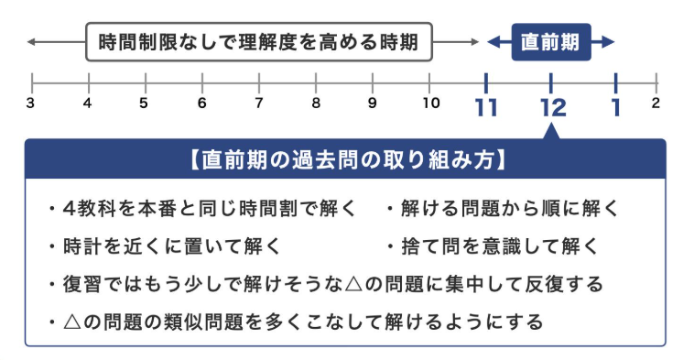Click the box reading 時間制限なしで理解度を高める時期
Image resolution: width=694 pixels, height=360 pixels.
tap(258, 42)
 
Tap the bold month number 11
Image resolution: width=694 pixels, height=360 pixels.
tap(486, 108)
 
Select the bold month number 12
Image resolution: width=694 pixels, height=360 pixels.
tap(552, 108)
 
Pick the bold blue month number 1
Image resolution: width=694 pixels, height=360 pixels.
tap(616, 108)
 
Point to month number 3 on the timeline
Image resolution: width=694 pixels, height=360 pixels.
tap(30, 103)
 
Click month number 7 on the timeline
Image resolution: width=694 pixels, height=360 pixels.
tap(259, 103)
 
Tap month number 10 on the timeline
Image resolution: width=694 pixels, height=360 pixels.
tap(430, 103)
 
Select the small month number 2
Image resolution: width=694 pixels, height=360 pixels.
tap(656, 103)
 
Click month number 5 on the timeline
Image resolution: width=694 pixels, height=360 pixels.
tap(144, 103)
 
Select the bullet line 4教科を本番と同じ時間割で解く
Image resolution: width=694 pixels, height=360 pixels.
tap(207, 209)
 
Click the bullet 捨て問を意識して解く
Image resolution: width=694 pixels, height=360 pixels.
tap(495, 246)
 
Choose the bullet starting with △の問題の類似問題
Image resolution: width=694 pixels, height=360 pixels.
tap(298, 322)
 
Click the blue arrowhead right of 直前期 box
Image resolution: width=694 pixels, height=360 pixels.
tap(608, 42)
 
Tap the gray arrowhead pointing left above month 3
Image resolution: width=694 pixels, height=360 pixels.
tap(33, 42)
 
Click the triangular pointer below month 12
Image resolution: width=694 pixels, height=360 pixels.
tap(552, 133)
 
